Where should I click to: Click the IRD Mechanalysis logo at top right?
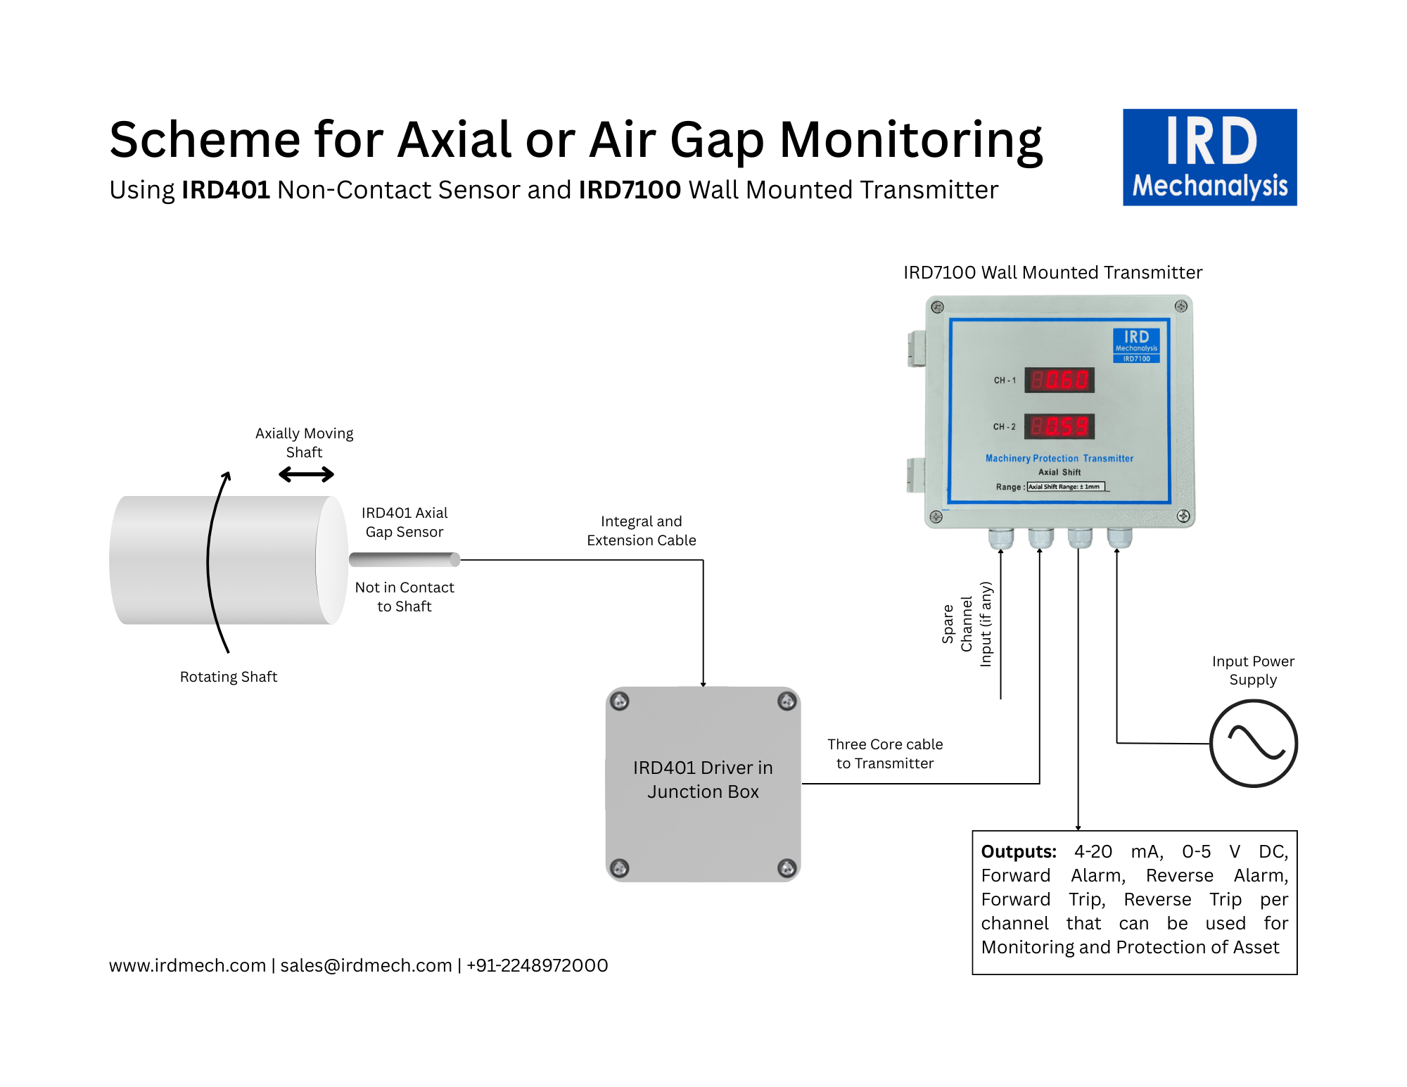(1209, 157)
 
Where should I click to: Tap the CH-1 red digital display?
(1059, 380)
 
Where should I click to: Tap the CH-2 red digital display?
(1059, 426)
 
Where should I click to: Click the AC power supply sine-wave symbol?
(1254, 743)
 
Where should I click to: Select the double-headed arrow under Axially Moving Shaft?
(306, 475)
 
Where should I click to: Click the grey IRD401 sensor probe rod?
(405, 559)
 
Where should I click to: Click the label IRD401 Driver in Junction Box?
(703, 780)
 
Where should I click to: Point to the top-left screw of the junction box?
(620, 701)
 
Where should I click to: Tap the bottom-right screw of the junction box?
(787, 867)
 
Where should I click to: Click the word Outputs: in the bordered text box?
(1019, 851)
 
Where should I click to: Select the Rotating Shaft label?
(229, 677)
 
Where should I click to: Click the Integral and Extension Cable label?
(642, 530)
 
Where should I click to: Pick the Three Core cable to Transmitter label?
(885, 754)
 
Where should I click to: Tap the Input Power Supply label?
(1253, 670)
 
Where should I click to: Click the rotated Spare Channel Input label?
(967, 624)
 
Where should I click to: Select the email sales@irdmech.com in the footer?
(366, 965)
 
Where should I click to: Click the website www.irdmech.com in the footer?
(187, 965)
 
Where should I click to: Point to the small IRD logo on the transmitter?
(1136, 345)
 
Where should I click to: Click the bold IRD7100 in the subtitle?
(630, 190)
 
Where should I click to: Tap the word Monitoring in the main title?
(911, 141)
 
